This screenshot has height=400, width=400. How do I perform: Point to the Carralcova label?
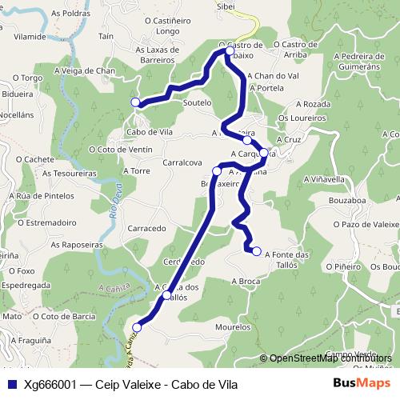point(181,162)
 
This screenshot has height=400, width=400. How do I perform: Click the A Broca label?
point(246,282)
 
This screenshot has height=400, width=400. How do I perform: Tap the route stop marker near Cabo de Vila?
point(136,102)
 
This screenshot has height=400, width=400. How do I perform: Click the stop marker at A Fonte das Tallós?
point(257,252)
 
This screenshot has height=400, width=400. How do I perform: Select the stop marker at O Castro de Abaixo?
point(230,51)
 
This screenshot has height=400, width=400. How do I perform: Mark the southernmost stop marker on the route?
point(137,327)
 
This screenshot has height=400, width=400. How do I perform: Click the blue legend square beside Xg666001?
point(10,383)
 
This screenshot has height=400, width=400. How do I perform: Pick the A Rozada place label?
point(312,104)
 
